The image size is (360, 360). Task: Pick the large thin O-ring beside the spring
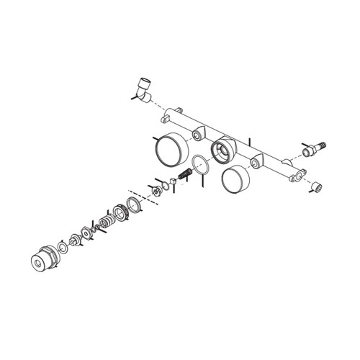(x=202, y=164)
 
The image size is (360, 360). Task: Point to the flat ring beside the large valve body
(x=63, y=248)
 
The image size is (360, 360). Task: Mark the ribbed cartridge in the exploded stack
(x=110, y=217)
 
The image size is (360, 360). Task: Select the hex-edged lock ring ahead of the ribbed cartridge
(x=121, y=211)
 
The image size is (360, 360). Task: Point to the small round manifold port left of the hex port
(x=197, y=135)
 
